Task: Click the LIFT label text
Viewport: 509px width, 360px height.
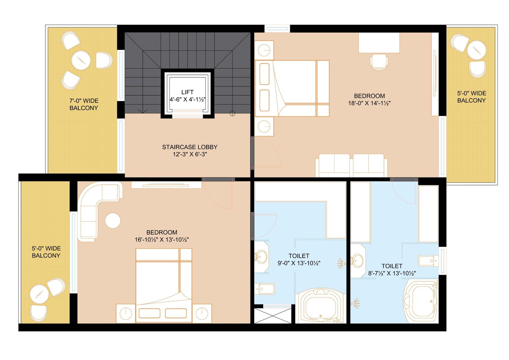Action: point(187,92)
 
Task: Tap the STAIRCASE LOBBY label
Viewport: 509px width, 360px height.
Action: point(190,147)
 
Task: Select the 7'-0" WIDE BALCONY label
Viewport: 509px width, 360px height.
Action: point(84,104)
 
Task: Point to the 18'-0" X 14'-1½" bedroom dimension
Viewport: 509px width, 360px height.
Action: point(369,103)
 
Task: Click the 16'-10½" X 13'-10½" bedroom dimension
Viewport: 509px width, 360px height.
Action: point(162,240)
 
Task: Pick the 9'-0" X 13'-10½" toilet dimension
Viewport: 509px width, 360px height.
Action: point(299,263)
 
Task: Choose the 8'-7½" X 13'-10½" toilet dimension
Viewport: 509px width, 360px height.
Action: point(392,273)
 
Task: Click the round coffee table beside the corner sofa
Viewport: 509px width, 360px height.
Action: point(113,220)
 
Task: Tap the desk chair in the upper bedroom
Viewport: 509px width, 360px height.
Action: point(379,61)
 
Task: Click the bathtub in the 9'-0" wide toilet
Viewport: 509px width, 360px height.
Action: point(321,306)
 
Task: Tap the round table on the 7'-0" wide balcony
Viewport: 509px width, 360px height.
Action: point(81,60)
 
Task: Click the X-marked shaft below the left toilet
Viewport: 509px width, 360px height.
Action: point(272,315)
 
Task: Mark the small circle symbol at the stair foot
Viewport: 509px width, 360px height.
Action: point(232,113)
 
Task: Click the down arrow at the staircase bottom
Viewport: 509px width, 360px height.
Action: point(143,111)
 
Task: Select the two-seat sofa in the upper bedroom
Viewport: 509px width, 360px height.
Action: point(351,165)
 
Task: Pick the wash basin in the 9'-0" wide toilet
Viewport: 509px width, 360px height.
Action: point(261,257)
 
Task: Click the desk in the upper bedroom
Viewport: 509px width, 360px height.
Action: point(379,43)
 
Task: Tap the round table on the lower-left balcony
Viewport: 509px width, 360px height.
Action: point(39,294)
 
